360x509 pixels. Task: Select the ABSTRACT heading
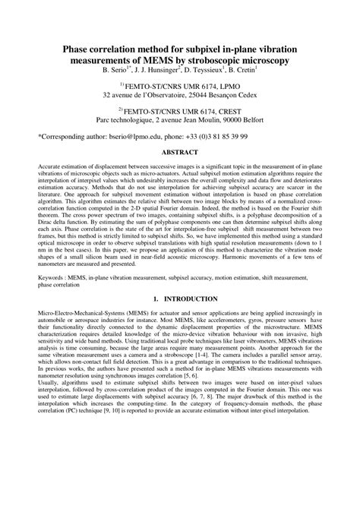(x=180, y=152)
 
